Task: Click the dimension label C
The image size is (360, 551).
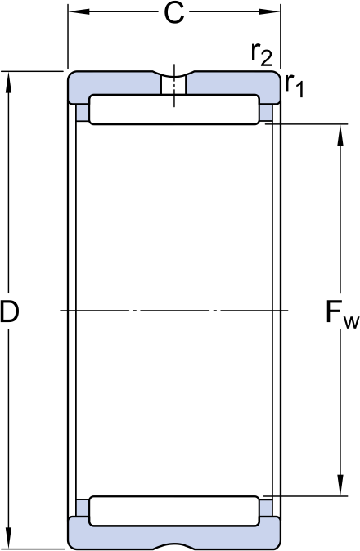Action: [174, 13]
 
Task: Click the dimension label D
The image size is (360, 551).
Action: [9, 311]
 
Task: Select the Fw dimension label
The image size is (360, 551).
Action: [342, 315]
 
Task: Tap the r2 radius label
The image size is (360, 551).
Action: [262, 54]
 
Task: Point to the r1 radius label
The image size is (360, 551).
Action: [294, 85]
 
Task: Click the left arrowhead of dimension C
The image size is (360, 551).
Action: [79, 12]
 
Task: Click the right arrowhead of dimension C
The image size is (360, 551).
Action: [270, 12]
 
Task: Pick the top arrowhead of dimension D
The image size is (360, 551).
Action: [9, 83]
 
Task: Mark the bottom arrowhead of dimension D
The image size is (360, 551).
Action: [9, 538]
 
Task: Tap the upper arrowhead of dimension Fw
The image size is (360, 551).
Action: [340, 135]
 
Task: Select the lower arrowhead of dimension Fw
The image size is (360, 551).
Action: [340, 486]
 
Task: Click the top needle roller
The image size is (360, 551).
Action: [174, 110]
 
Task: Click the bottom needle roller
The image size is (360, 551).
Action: [174, 511]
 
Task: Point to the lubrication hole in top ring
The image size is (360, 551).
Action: [173, 85]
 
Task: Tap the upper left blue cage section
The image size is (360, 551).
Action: [83, 113]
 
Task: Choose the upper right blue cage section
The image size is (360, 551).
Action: [266, 113]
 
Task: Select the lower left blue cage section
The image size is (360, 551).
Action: [83, 508]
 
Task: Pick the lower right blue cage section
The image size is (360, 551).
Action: [266, 508]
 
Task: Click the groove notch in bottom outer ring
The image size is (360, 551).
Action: [174, 546]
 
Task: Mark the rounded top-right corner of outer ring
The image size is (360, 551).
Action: [277, 74]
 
